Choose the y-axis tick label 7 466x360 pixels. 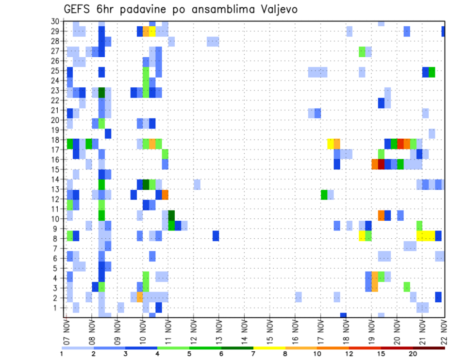pos(57,248)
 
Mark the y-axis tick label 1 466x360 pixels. pos(57,308)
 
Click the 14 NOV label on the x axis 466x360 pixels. pos(245,333)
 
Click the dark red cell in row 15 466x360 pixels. pos(381,164)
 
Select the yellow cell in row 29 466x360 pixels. pos(152,32)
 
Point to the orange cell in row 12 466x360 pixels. pos(165,195)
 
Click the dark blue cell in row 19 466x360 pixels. pos(108,133)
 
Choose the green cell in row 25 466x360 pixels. pos(432,72)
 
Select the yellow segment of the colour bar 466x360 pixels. pos(269,348)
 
